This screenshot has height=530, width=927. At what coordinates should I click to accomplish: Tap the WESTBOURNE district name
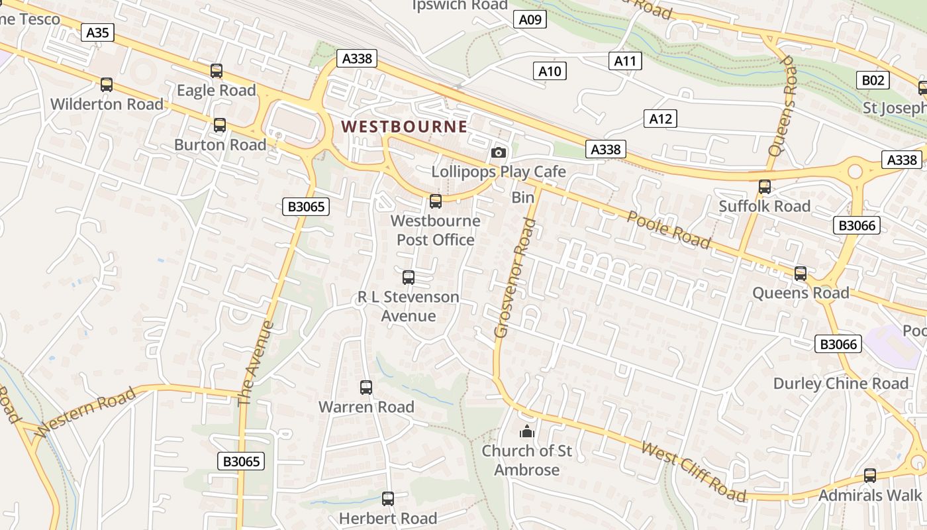coord(404,126)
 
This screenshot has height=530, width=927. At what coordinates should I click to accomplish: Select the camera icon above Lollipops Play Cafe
coord(499,153)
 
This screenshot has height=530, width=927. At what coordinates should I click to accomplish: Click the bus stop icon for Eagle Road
coord(217,71)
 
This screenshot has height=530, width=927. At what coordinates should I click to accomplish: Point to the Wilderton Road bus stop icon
coord(107,85)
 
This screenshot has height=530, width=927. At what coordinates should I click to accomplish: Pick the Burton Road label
coord(220,144)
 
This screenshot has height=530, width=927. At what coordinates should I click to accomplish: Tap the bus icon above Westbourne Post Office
coord(436,201)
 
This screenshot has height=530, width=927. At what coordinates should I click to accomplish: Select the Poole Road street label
coord(669,230)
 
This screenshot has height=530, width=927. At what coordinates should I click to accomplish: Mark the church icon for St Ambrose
coord(527,432)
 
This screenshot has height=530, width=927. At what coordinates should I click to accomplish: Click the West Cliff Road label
coord(694,472)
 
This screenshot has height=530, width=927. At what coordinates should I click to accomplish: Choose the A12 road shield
coord(660,119)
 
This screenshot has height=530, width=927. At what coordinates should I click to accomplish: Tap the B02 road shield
coord(873,80)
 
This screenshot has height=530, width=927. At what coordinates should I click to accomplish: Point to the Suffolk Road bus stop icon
coord(765,187)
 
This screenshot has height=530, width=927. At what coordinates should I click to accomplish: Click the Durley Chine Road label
coord(841,384)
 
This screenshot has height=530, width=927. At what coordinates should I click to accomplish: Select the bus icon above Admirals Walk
coord(870,475)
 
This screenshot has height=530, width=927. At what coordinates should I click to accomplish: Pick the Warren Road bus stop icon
coord(366,388)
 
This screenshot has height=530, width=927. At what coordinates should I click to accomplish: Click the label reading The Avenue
coord(255,363)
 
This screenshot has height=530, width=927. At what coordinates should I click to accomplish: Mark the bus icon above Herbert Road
coord(388,499)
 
